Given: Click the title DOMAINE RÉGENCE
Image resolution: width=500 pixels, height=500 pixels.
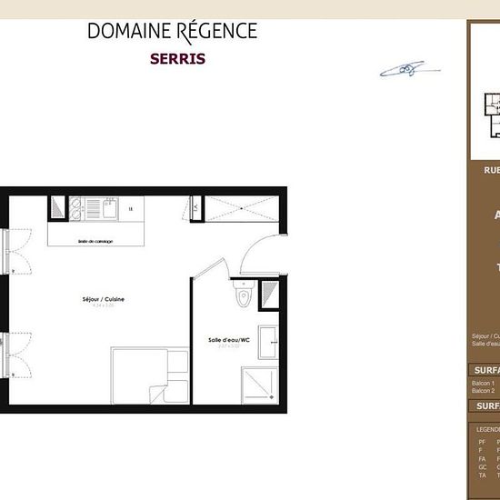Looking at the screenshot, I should coord(172,31).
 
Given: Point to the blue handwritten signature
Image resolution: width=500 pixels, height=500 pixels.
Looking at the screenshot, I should coord(405,69).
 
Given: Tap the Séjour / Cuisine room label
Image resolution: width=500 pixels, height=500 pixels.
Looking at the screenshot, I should coord(101,299).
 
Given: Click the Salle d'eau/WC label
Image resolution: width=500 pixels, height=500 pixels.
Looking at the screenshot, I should coord(224,340).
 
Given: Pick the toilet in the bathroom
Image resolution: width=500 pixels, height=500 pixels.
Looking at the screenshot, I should coord(243,295).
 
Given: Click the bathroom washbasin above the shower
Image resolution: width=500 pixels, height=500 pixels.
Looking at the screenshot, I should coord(270,343).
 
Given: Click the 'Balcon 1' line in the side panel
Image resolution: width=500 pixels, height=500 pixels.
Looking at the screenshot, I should coord(483,385).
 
